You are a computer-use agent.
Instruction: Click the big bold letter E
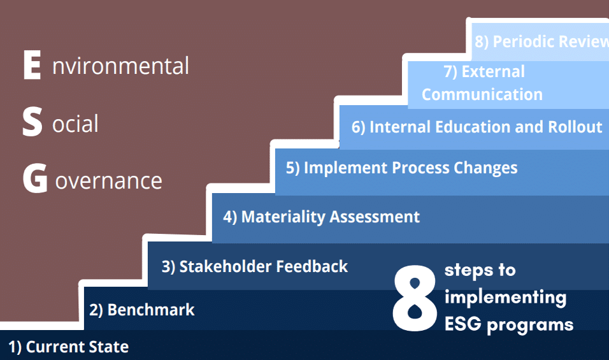point(32,65)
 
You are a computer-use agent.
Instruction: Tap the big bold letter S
point(32,122)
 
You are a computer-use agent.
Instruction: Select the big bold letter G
point(35,178)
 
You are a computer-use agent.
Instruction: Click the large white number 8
point(415,298)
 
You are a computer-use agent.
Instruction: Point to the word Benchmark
point(151,310)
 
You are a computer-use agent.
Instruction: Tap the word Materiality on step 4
point(283,217)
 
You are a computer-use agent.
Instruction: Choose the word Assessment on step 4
point(375,217)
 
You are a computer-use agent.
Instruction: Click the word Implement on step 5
point(346,168)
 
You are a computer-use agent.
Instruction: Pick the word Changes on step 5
point(485,168)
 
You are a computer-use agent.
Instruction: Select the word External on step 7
point(493,71)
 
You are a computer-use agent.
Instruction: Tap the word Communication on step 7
point(482,94)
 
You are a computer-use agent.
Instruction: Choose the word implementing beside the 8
point(505,298)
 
